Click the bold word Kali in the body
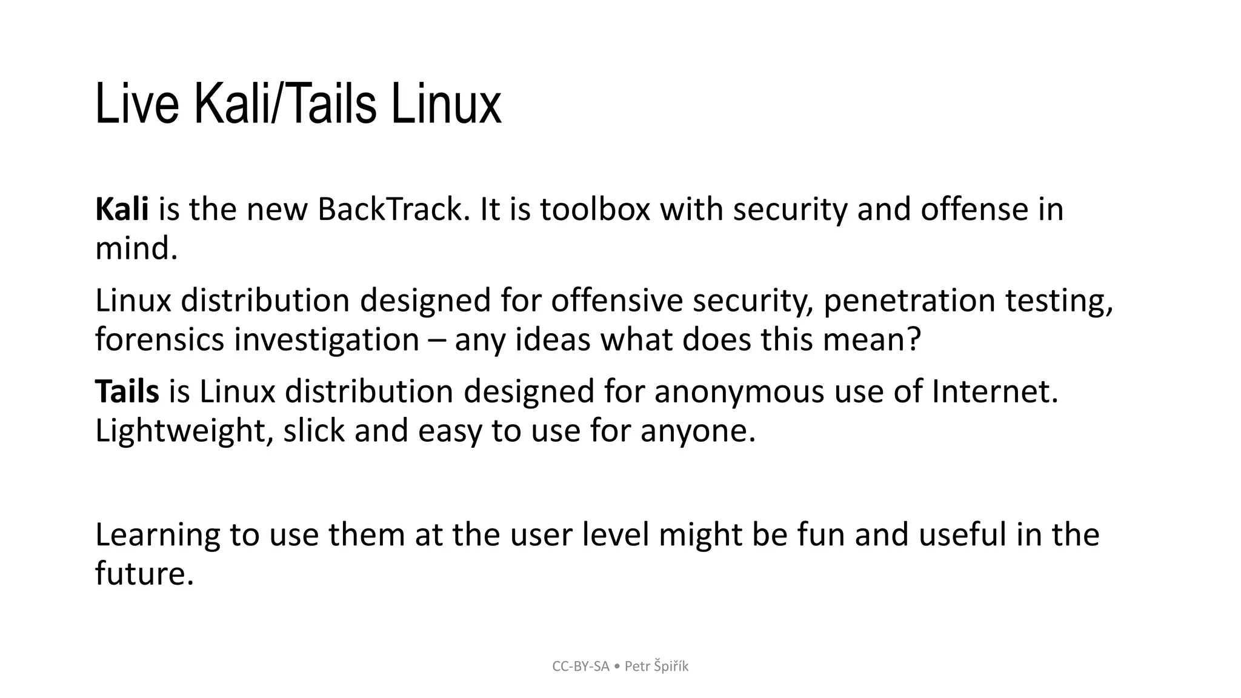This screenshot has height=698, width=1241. tap(122, 209)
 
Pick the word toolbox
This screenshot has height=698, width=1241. tap(595, 209)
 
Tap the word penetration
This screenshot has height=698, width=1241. tap(909, 301)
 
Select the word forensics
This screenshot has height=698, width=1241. tap(160, 339)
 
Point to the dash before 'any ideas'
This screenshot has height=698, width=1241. tap(436, 341)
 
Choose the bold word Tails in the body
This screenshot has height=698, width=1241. tap(127, 391)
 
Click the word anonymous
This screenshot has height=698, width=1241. tap(739, 391)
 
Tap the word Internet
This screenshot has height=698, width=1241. tap(994, 391)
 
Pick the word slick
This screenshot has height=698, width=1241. tap(314, 430)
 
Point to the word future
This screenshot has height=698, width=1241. tap(144, 573)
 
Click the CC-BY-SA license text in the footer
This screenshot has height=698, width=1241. tap(581, 666)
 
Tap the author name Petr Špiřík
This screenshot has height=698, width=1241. tap(657, 666)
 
